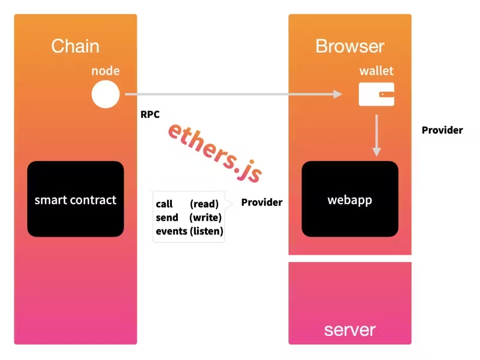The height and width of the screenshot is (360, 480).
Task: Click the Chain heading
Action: click(x=75, y=46)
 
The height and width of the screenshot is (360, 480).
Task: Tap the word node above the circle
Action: click(x=105, y=71)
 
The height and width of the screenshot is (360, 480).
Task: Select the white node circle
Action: click(x=105, y=94)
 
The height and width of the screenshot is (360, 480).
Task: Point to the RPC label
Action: click(x=150, y=115)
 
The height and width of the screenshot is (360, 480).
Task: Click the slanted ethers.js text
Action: click(x=215, y=152)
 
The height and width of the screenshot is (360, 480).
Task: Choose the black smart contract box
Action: click(x=75, y=199)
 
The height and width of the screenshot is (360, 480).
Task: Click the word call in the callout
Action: click(x=164, y=204)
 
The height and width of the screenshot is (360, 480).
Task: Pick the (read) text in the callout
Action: click(x=204, y=204)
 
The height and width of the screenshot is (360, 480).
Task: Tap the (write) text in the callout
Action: click(x=205, y=218)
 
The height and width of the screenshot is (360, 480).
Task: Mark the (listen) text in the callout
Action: click(x=206, y=231)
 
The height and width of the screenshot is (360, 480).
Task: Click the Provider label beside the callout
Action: click(x=262, y=202)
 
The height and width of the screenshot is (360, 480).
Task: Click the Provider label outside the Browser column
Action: click(x=442, y=130)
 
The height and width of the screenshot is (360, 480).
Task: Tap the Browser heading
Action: click(x=350, y=46)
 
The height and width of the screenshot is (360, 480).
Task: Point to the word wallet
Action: click(x=376, y=71)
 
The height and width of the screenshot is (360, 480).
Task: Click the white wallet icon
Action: click(x=376, y=94)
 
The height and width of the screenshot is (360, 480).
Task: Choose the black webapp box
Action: click(x=350, y=199)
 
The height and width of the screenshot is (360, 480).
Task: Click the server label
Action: click(x=350, y=329)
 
